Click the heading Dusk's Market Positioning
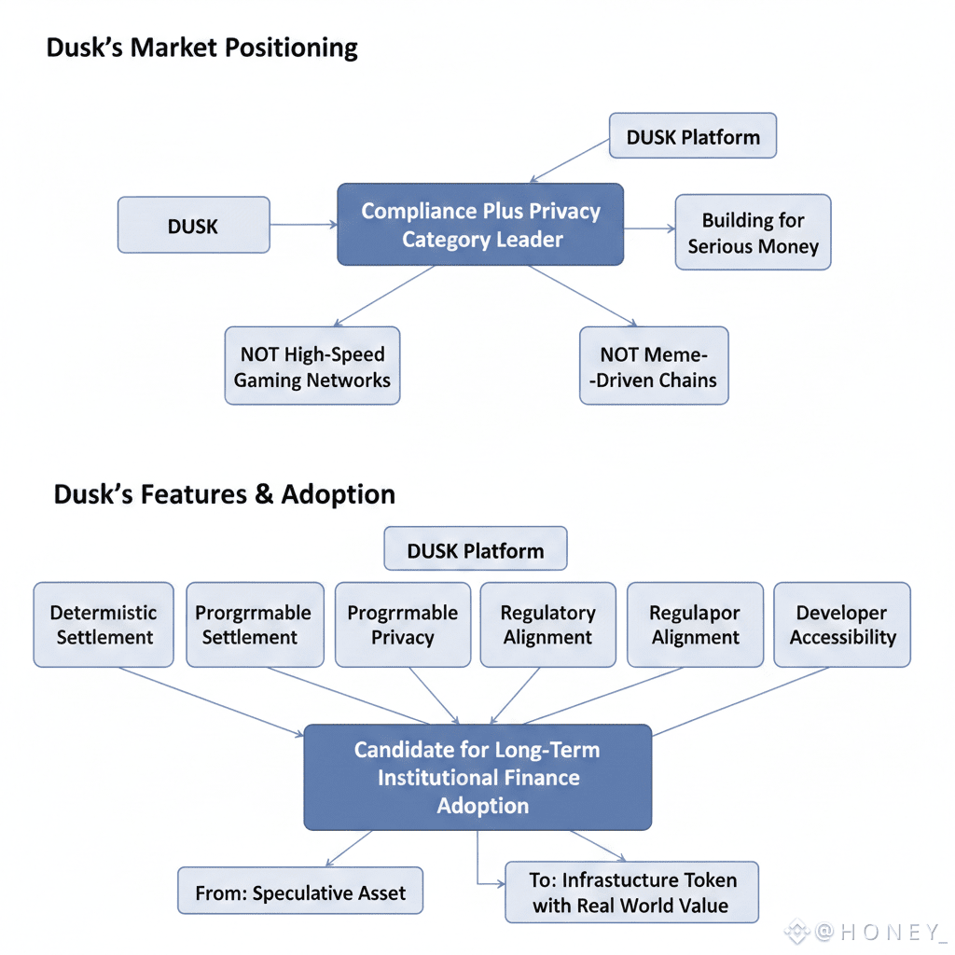201,48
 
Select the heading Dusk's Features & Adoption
224,494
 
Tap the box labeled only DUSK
193,226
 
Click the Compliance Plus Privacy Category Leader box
480,225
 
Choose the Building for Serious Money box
753,233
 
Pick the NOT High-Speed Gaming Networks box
311,367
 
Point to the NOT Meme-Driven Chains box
653,367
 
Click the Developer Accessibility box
842,625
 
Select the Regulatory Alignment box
547,625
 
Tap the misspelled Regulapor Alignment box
695,625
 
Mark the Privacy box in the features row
402,625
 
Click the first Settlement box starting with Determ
103,625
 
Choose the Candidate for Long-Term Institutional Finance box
477,778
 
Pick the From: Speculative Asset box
299,893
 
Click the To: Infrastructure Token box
631,893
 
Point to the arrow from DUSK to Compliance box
303,225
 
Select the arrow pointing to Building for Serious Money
649,228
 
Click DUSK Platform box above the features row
475,550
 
